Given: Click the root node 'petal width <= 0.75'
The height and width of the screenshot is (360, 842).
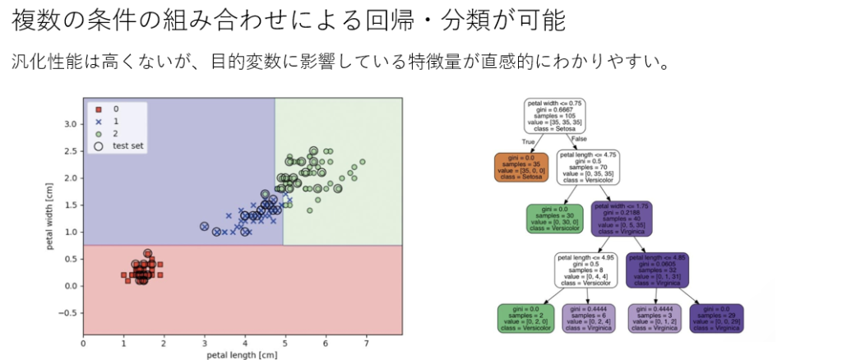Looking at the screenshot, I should click(554, 116).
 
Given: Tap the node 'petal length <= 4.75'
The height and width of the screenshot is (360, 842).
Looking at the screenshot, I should click(588, 166).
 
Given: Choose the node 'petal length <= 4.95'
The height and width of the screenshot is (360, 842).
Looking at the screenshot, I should click(588, 269).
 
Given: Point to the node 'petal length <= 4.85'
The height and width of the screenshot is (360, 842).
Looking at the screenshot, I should click(656, 269).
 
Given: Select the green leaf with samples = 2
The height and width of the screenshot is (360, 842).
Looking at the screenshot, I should click(524, 318).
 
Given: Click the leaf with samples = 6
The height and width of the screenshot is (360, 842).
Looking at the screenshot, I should click(589, 318).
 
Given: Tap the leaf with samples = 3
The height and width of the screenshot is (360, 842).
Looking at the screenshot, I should click(655, 318).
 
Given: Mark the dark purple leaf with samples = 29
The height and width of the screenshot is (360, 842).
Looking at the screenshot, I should click(717, 318).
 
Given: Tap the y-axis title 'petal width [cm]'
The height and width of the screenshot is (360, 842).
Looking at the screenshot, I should click(52, 217).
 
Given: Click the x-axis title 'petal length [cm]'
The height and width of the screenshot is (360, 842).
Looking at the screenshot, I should click(243, 355).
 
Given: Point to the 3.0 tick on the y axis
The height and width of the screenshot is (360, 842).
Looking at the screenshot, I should click(71, 124).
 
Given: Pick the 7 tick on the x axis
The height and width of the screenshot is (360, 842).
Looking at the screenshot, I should click(365, 343).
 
